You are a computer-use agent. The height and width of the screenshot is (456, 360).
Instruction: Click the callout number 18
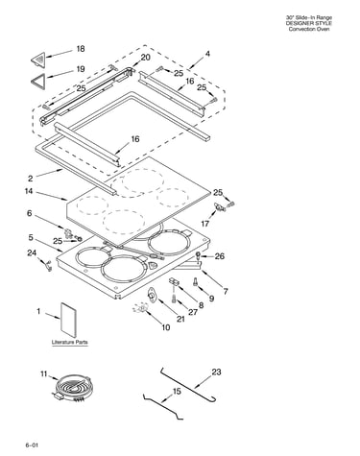(x=81, y=49)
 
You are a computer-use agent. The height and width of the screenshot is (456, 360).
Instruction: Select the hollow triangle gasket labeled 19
(x=38, y=80)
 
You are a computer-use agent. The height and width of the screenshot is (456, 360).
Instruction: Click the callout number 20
(x=145, y=58)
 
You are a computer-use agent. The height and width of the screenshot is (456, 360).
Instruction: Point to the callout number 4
(x=207, y=54)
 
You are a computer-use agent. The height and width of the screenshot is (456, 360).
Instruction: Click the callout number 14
(x=29, y=191)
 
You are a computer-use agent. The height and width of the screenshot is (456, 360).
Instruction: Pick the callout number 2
(x=31, y=179)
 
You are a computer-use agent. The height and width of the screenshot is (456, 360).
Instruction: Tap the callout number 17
(x=204, y=224)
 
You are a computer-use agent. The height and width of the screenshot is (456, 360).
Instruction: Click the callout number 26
(x=220, y=256)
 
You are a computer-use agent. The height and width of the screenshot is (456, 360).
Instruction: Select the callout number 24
(x=32, y=252)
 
